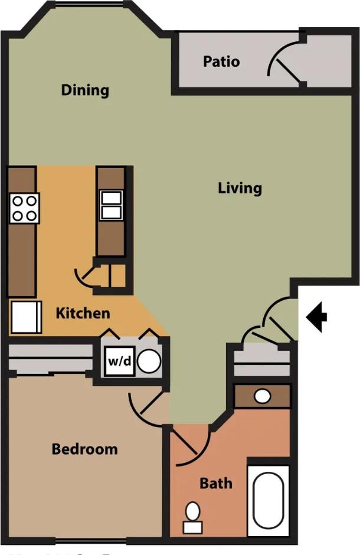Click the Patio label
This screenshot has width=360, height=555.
pos(221,61)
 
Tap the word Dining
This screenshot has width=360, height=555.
pos(86,90)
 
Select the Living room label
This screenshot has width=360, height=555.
pos(240,188)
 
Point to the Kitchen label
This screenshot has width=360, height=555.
pos(83,313)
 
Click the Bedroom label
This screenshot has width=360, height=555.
pos(84,449)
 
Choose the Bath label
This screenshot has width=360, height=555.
pos(215,484)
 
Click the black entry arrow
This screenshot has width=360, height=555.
pos(317,317)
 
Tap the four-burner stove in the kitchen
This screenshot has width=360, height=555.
pos(24,208)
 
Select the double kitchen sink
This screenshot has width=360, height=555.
pos(111,205)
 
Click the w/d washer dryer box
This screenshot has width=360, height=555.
pos(119,361)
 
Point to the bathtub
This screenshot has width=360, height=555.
pos(269,500)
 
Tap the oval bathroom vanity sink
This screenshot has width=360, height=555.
pos(263,396)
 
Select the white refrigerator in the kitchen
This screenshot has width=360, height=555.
pos(26,317)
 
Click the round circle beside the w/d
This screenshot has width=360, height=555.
pos(149,361)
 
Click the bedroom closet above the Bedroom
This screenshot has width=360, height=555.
pos(50,359)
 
